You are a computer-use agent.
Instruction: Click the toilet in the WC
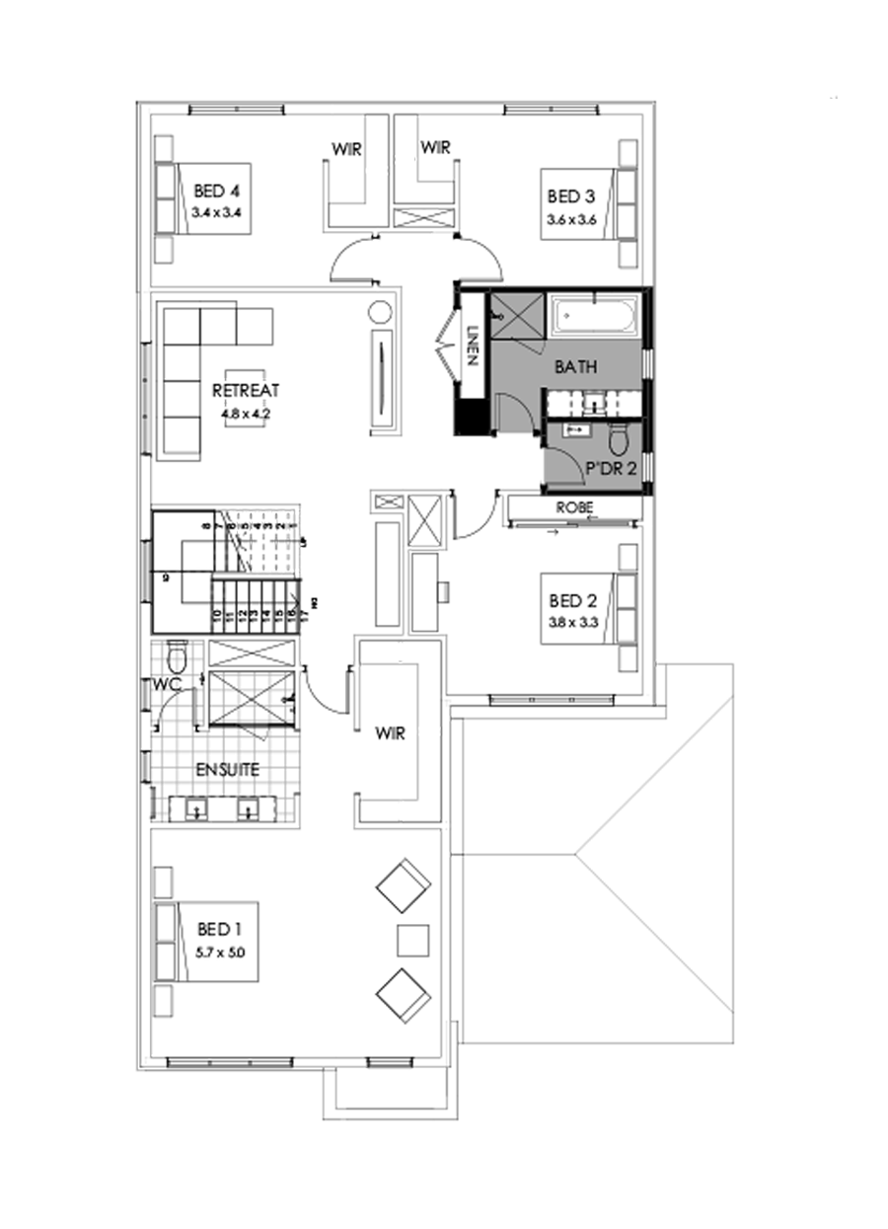pyautogui.click(x=178, y=655)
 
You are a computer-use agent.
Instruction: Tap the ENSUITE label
pyautogui.click(x=227, y=769)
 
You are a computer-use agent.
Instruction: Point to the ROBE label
pyautogui.click(x=573, y=506)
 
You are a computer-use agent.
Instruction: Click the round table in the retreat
pyautogui.click(x=380, y=313)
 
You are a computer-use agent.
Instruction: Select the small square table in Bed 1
pyautogui.click(x=412, y=939)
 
